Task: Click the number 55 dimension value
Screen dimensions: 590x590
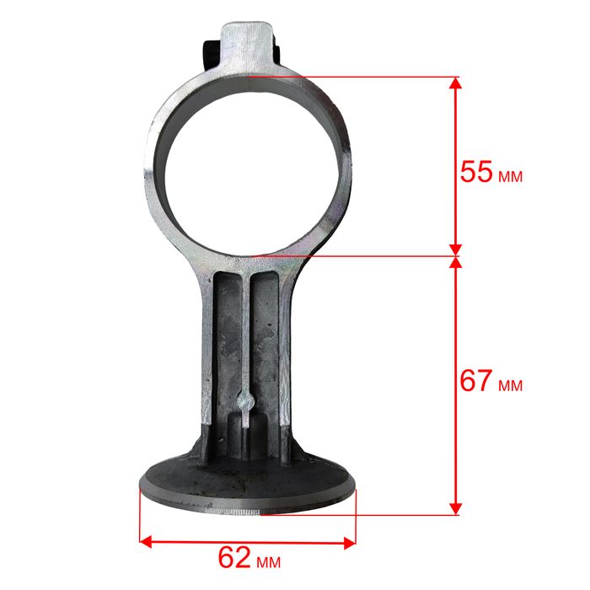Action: tap(476, 172)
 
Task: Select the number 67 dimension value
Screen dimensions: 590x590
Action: tap(476, 380)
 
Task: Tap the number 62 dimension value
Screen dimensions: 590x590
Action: tap(234, 557)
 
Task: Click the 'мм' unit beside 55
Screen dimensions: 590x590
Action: tap(511, 176)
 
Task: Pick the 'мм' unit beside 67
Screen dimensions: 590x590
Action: tap(511, 385)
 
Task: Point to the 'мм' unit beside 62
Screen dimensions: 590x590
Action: tap(269, 562)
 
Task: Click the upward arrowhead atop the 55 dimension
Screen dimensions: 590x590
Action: tap(456, 83)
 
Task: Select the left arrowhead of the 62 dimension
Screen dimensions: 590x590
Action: tap(146, 542)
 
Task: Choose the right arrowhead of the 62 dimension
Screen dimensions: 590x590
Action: tap(350, 543)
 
